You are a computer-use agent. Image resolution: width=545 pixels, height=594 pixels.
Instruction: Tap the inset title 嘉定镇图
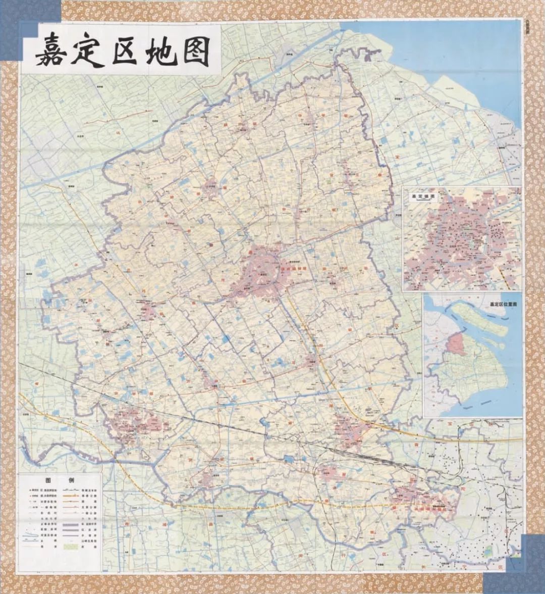(424, 196)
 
